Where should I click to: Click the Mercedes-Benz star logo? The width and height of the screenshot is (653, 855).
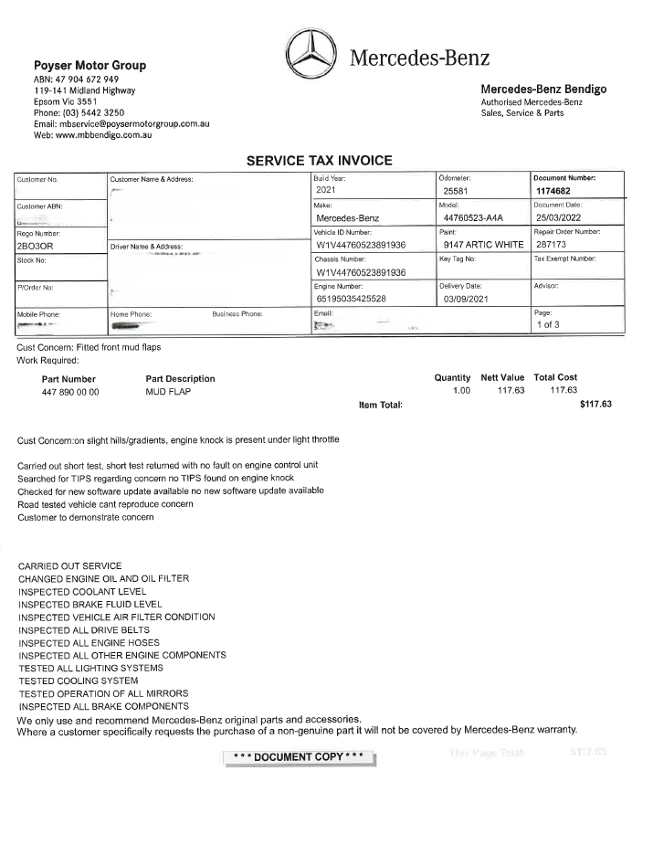tap(311, 57)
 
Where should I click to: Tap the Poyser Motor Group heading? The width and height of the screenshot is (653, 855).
tap(90, 66)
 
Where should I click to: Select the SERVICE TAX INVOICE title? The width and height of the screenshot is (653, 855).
tap(320, 161)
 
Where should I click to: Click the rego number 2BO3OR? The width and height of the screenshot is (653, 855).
tap(37, 246)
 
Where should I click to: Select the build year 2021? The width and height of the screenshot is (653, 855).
tap(327, 190)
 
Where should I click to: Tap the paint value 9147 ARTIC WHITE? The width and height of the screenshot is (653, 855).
tap(483, 245)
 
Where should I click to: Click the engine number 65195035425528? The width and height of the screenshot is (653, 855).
tap(362, 299)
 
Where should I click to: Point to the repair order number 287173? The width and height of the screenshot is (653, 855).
tap(552, 245)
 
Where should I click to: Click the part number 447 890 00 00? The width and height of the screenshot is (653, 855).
tap(70, 391)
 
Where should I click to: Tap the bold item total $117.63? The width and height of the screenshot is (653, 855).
tap(595, 404)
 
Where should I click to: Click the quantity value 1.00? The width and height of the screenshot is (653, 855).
tap(461, 391)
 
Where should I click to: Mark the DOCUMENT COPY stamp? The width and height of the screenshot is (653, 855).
tap(299, 757)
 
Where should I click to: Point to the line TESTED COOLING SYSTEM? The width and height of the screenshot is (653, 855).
tap(79, 681)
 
